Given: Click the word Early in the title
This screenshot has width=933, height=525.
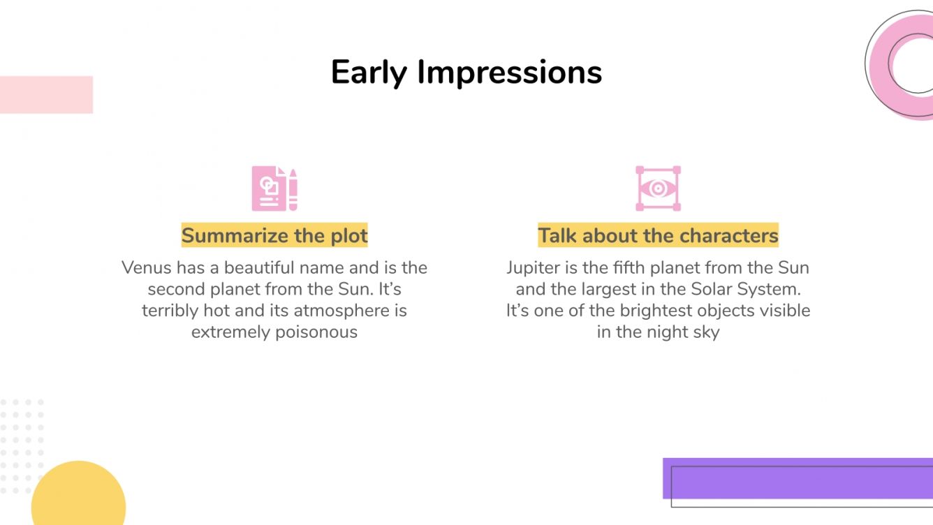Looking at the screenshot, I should click(369, 73).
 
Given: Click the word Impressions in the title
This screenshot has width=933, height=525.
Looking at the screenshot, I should click(509, 73).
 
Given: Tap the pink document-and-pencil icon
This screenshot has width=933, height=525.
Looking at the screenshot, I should click(274, 188).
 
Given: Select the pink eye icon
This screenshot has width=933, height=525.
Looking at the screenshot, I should click(658, 188).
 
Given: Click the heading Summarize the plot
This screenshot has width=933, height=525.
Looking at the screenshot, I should click(274, 236).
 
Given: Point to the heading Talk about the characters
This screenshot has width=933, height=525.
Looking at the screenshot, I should click(658, 236).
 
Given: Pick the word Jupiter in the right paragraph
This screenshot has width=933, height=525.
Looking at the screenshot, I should click(531, 268).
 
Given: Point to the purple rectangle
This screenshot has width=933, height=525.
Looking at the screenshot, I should click(796, 478).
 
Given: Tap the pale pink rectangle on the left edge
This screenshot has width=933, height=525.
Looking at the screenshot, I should click(46, 94).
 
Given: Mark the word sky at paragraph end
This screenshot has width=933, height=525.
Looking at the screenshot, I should click(705, 332).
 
